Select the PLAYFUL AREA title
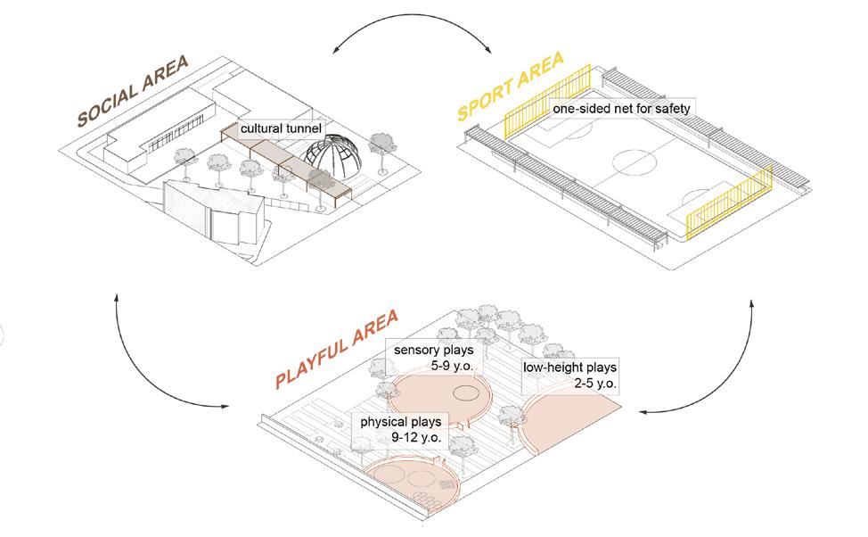click(x=338, y=348)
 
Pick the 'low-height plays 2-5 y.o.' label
click(x=570, y=375)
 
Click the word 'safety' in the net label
click(x=671, y=109)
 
